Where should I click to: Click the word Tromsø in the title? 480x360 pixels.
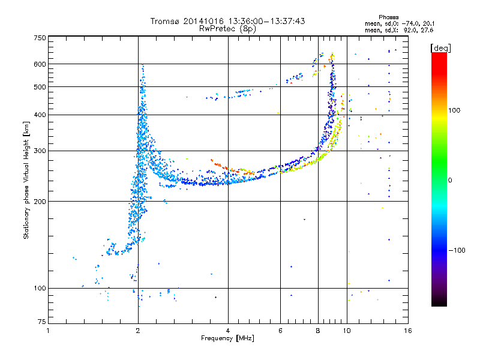tap(165, 21)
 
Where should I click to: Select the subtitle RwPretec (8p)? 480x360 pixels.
tap(227, 29)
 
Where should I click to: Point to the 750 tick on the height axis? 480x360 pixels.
tap(40, 38)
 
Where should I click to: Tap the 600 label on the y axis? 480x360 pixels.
tap(40, 64)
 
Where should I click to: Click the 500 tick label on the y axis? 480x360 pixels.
tap(40, 87)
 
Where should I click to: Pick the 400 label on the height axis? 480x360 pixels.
tap(40, 115)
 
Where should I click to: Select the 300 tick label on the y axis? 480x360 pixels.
tap(40, 151)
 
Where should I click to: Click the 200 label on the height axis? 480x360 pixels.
tap(40, 202)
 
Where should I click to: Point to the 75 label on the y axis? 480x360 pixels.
tap(41, 322)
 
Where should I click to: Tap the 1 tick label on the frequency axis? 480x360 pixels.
tap(48, 331)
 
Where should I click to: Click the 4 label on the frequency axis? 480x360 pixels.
tap(228, 331)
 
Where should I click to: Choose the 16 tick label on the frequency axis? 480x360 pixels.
tap(408, 331)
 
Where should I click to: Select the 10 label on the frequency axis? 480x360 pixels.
tap(347, 331)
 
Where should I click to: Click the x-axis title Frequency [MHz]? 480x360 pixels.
tap(227, 338)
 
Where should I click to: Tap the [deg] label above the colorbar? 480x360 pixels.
tap(440, 48)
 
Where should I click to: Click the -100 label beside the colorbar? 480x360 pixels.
tap(457, 250)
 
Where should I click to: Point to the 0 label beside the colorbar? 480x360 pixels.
tap(450, 181)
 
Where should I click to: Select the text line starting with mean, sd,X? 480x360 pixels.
tap(399, 31)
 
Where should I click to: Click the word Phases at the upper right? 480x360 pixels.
tap(388, 17)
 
